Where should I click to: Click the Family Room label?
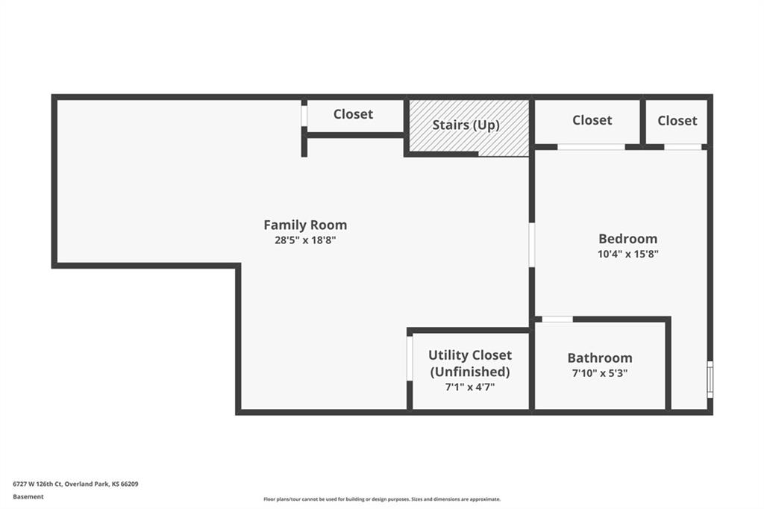point(305,225)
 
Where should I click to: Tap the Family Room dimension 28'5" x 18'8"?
point(305,240)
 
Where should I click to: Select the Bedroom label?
point(628,238)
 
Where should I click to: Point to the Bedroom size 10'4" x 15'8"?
point(628,254)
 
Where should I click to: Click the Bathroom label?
point(600,357)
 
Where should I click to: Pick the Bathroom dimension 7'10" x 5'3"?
point(600,373)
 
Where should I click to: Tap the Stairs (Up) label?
point(466,125)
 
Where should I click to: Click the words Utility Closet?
point(470,355)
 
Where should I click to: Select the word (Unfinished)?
point(470,372)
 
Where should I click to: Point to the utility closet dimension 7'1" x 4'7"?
point(470,387)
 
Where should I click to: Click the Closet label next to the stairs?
point(353,114)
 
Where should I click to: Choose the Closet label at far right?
point(677,120)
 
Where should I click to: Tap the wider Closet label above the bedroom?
point(592,120)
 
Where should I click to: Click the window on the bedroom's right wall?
point(710,379)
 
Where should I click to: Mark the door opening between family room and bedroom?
point(531,246)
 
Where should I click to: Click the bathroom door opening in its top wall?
point(557,319)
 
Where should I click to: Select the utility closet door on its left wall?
point(410,358)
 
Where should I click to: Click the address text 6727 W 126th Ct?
point(37,484)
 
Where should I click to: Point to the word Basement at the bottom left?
point(28,497)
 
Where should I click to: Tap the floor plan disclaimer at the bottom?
point(382,499)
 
